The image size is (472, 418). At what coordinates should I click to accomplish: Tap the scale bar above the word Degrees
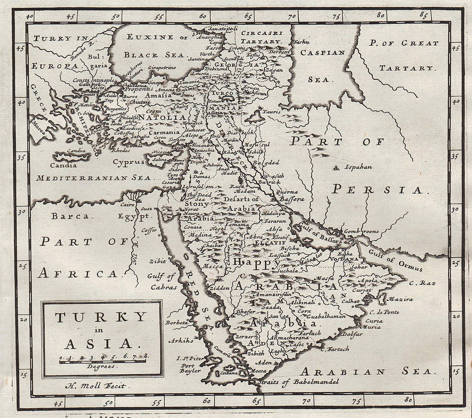pyautogui.click(x=103, y=361)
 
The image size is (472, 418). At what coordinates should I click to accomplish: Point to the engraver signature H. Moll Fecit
pyautogui.click(x=96, y=386)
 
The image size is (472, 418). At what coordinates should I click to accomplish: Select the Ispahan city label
pyautogui.click(x=358, y=167)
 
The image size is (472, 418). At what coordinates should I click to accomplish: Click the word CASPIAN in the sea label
pyautogui.click(x=329, y=53)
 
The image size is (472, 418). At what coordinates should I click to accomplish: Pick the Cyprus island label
pyautogui.click(x=129, y=162)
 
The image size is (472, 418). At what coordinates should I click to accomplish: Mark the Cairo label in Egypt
pyautogui.click(x=127, y=205)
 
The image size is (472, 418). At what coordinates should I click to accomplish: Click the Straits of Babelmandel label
pyautogui.click(x=298, y=382)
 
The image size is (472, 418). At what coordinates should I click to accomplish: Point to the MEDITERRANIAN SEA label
pyautogui.click(x=94, y=178)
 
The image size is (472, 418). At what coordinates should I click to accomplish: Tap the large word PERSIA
pyautogui.click(x=378, y=189)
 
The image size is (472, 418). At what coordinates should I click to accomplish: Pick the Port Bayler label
pyautogui.click(x=190, y=368)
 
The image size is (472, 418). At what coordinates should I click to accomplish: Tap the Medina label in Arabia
pyautogui.click(x=200, y=235)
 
